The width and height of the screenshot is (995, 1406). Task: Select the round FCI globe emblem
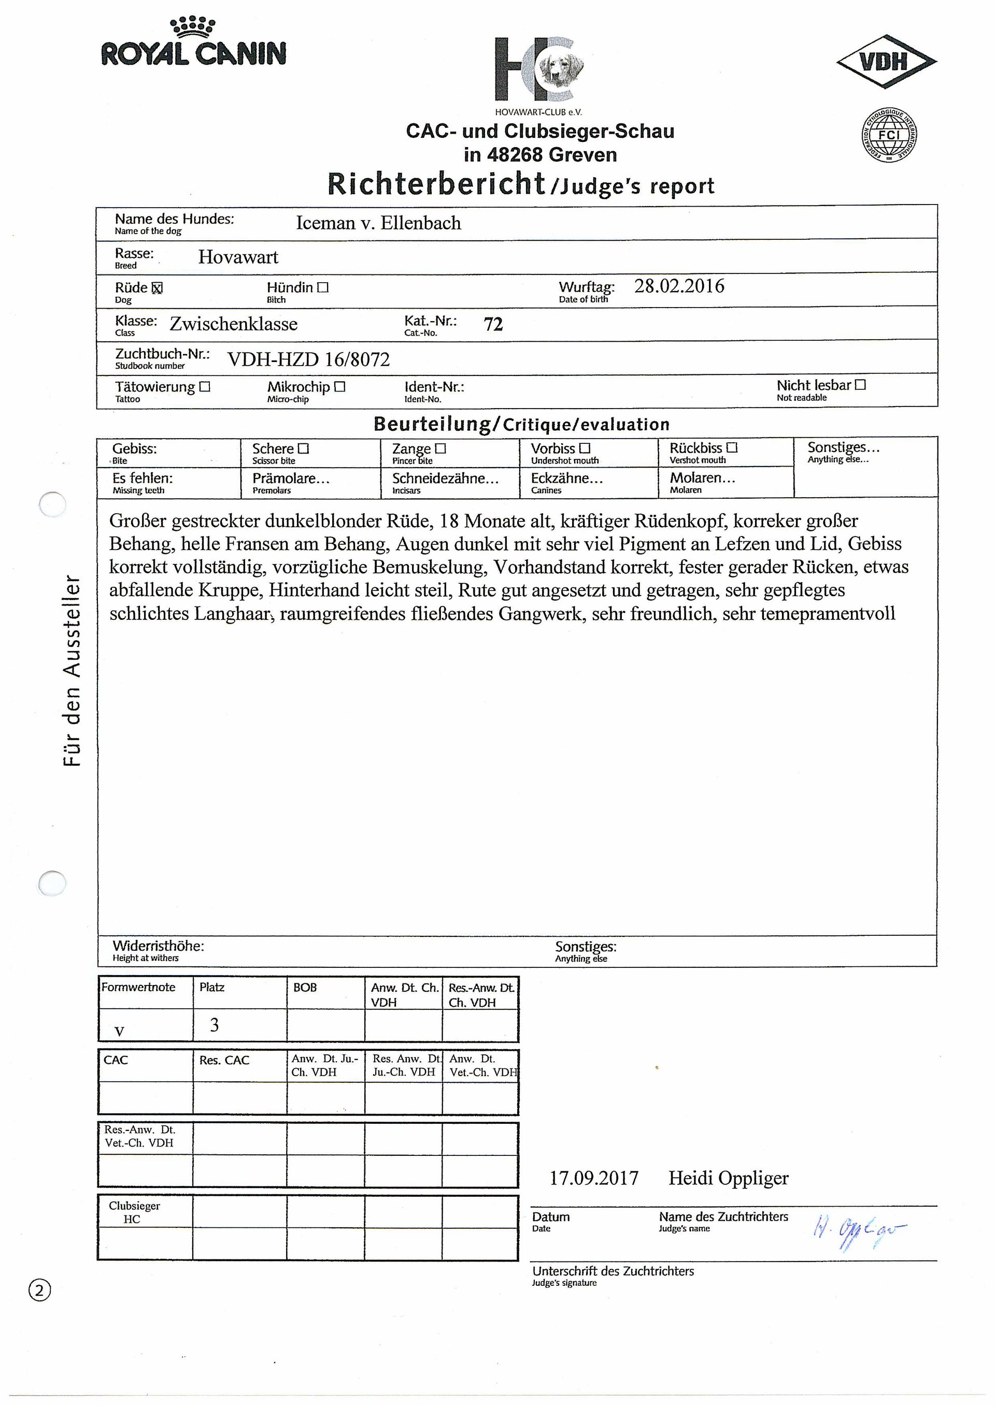[888, 135]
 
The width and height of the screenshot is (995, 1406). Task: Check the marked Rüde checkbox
[157, 288]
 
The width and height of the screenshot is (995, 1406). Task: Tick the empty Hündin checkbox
[323, 287]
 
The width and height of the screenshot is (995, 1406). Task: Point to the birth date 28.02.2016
[679, 286]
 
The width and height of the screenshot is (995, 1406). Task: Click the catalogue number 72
[493, 324]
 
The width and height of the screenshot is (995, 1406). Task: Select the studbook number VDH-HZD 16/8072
[308, 359]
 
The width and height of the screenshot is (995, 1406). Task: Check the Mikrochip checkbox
[340, 387]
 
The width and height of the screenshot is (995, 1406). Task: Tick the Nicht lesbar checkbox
[860, 385]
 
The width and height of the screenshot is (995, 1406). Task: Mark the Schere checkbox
[303, 449]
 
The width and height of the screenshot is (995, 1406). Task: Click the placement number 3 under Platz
[215, 1025]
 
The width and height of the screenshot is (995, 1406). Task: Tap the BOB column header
[305, 988]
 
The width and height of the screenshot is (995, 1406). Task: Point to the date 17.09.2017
[594, 1178]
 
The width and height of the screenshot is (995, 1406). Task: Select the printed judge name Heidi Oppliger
[728, 1178]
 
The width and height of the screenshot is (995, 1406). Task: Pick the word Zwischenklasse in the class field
[233, 324]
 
